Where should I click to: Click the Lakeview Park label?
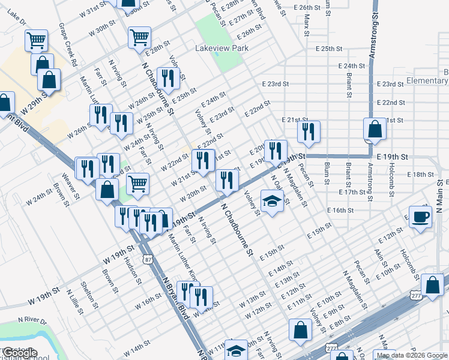pyautogui.click(x=218, y=47)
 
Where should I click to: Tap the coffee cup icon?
pyautogui.click(x=420, y=217)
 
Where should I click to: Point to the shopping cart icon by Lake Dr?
pyautogui.click(x=36, y=40)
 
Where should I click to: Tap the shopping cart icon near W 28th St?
pyautogui.click(x=139, y=37)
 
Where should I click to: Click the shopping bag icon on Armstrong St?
pyautogui.click(x=375, y=130)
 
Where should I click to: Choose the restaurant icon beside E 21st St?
pyautogui.click(x=309, y=133)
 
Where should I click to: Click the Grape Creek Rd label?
pyautogui.click(x=67, y=44)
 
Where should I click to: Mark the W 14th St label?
pyautogui.click(x=137, y=347)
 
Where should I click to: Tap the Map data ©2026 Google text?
pyautogui.click(x=412, y=355)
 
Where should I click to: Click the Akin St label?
pyautogui.click(x=379, y=259)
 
